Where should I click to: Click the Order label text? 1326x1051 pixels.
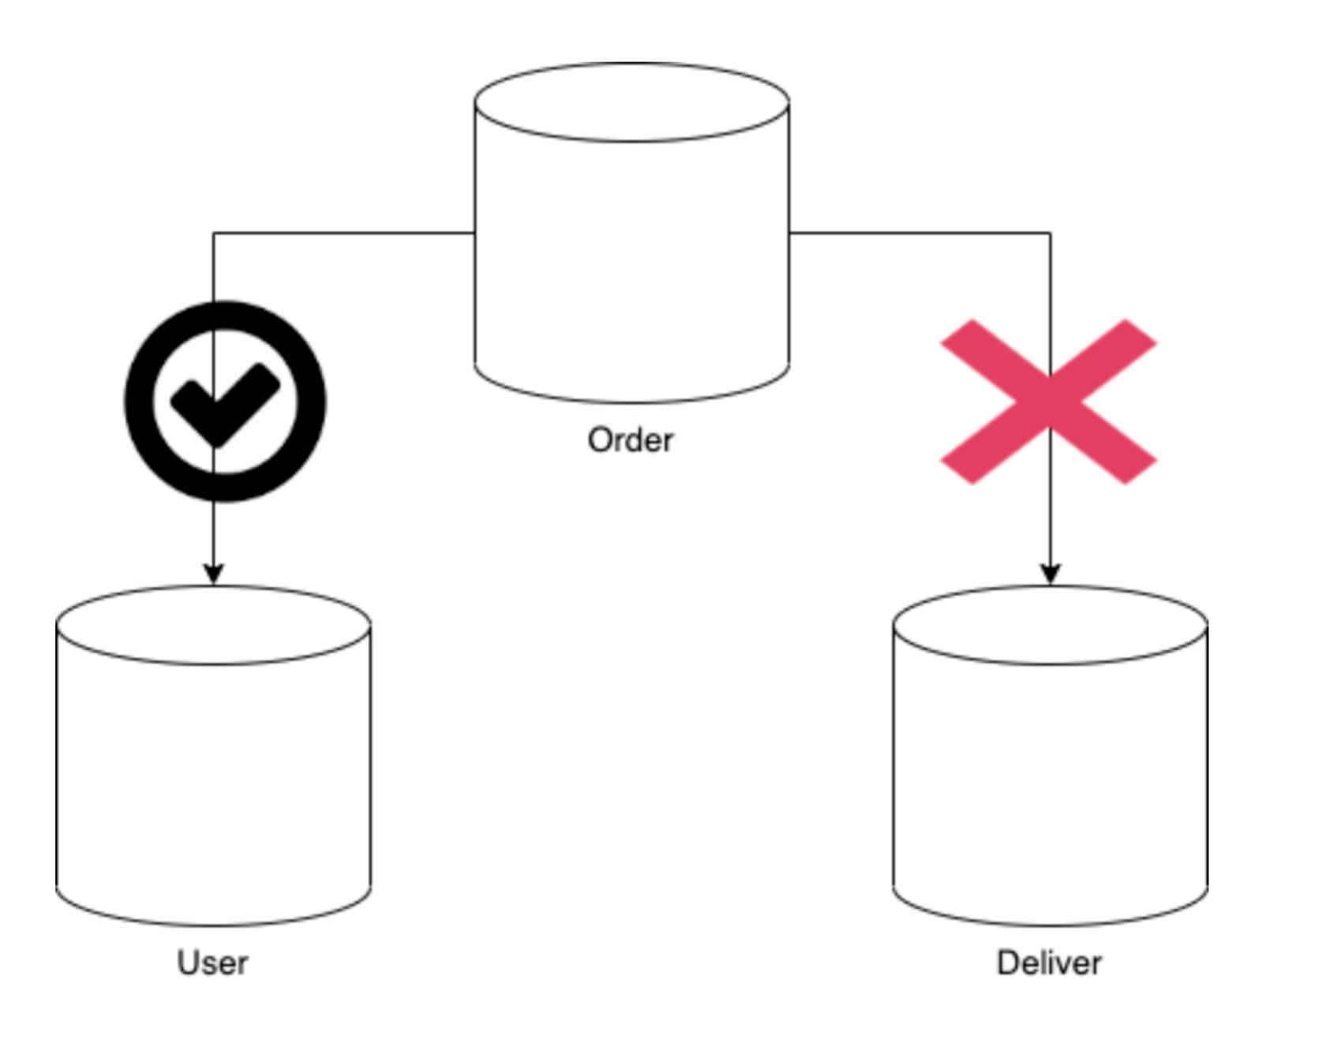(x=631, y=440)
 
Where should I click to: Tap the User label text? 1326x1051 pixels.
(x=212, y=963)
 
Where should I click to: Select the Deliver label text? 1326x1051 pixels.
(x=1049, y=963)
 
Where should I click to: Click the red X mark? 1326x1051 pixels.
(x=1049, y=401)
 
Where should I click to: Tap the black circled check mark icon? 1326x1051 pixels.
(x=225, y=401)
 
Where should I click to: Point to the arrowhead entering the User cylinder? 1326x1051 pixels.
(x=213, y=574)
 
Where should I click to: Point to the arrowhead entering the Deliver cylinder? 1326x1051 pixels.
(x=1050, y=574)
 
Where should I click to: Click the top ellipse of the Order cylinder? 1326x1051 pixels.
(x=631, y=103)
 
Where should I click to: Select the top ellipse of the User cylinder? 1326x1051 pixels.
(x=213, y=625)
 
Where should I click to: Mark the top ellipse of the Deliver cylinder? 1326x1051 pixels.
(x=1050, y=625)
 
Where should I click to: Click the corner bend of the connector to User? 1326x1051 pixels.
(x=213, y=233)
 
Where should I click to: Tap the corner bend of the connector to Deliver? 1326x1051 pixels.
(x=1050, y=233)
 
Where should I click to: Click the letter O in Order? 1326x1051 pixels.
(x=601, y=440)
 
